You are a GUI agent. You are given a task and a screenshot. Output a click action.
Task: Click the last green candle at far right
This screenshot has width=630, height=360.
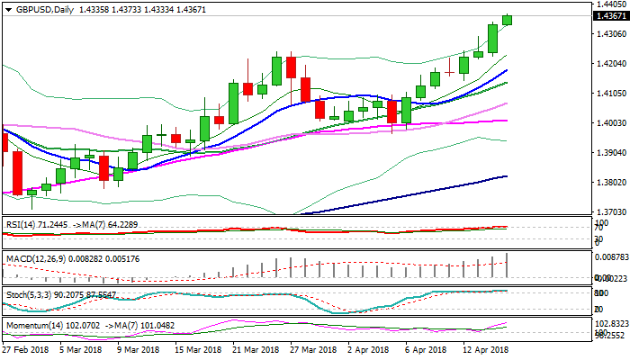[x=507, y=20]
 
